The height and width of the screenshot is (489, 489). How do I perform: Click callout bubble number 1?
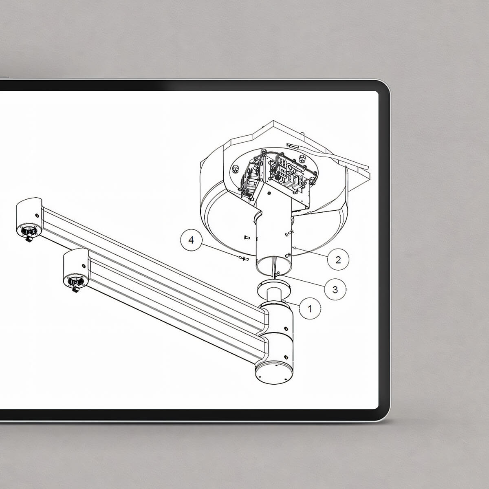click(x=310, y=308)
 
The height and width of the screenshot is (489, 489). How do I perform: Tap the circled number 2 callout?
click(x=338, y=260)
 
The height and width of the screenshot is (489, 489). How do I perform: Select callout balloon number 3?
click(x=335, y=289)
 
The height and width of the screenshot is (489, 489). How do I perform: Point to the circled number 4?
click(x=192, y=240)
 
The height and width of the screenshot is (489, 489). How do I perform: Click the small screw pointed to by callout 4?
click(x=244, y=259)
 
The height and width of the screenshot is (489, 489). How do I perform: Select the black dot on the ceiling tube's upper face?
click(x=269, y=193)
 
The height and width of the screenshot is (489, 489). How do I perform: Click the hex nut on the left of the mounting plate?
click(x=235, y=169)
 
